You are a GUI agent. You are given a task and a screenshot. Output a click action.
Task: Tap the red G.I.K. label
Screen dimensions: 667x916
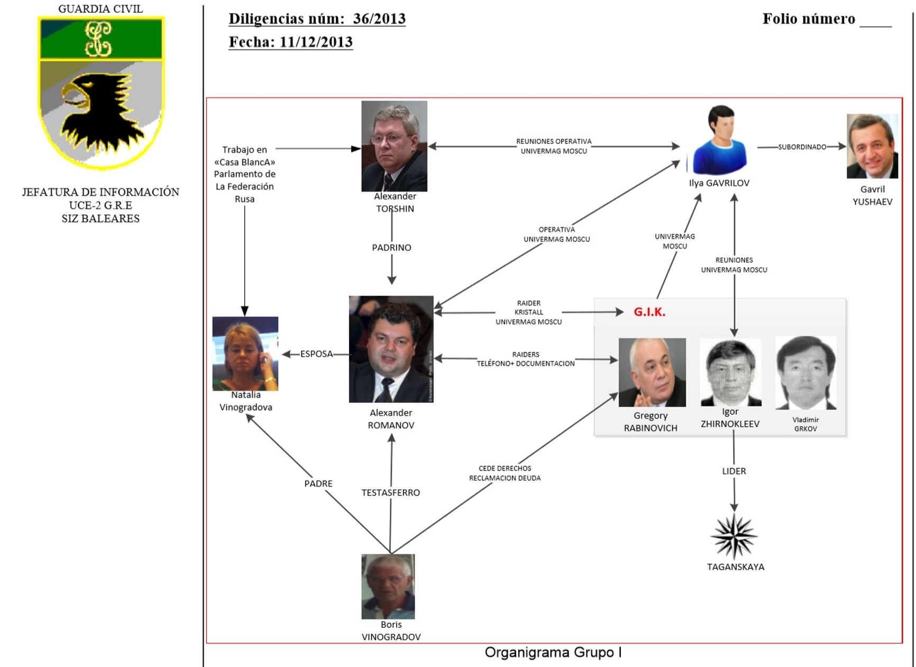[x=649, y=312]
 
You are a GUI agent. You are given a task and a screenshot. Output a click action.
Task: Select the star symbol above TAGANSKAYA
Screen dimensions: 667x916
[x=734, y=536]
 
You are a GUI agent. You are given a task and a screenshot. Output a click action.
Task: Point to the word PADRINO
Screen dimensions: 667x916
[x=391, y=247]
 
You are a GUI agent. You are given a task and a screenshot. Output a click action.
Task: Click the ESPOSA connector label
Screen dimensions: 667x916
[x=316, y=354]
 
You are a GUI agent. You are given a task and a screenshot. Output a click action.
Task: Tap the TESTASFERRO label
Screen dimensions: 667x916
[x=390, y=492]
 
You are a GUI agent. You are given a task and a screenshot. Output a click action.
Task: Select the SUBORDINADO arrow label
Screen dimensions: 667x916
[x=802, y=147]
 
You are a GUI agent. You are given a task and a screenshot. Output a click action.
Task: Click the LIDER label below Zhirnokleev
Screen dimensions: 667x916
[x=734, y=471]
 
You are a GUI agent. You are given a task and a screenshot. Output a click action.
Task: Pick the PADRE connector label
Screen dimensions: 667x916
[x=318, y=483]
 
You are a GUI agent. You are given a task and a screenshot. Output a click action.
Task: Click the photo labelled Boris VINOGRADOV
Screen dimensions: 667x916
[x=388, y=587]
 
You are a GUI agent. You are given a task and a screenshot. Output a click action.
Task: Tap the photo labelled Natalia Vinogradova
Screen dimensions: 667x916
[x=245, y=354]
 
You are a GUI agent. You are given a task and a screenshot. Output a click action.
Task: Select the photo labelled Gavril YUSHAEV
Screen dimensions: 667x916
[x=872, y=146]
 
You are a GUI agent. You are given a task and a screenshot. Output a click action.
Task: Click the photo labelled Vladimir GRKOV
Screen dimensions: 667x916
[x=805, y=373]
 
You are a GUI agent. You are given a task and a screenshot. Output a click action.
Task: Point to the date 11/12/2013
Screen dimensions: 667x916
[x=316, y=42]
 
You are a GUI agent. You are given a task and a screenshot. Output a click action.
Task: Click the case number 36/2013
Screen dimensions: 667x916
[x=379, y=19]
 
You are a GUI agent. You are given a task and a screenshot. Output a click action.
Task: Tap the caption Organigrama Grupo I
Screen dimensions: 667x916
[x=553, y=652]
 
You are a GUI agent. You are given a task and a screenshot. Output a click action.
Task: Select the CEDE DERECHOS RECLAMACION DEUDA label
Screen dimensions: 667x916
[x=505, y=473]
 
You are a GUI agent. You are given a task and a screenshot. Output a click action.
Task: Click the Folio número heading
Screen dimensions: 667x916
[x=808, y=19]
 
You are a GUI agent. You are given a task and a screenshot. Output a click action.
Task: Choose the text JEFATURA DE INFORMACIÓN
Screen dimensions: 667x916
[x=100, y=192]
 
